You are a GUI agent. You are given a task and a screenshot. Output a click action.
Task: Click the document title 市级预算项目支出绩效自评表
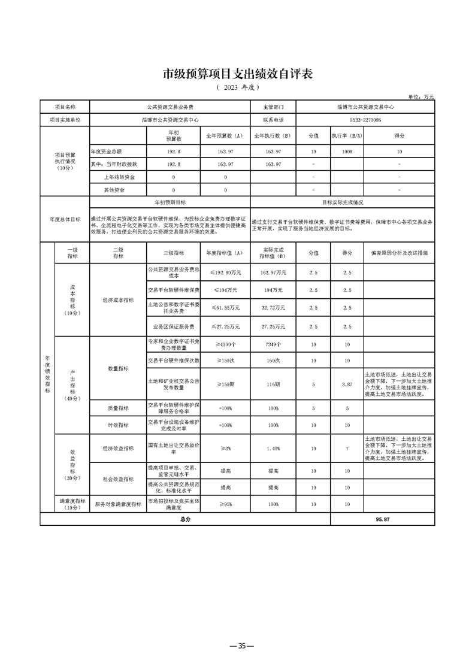point(238,75)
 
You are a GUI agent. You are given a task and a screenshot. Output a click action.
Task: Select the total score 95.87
point(383,519)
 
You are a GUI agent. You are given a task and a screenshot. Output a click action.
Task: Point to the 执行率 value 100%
point(347,152)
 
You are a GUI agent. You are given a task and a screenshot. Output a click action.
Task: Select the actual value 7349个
point(273,345)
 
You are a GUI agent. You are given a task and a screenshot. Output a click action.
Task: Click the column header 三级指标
point(174,253)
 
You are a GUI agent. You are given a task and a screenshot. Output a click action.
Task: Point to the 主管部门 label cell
point(273,107)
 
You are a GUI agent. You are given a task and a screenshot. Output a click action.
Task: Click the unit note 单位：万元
point(422,96)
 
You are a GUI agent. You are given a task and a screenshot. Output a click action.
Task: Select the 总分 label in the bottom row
point(185,519)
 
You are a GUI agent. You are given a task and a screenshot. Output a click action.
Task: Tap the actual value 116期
point(273,383)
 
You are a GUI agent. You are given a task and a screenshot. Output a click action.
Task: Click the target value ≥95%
point(225,504)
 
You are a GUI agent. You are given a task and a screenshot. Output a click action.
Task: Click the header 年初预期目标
point(170,202)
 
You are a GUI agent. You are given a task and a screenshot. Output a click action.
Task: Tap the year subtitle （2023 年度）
point(238,87)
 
